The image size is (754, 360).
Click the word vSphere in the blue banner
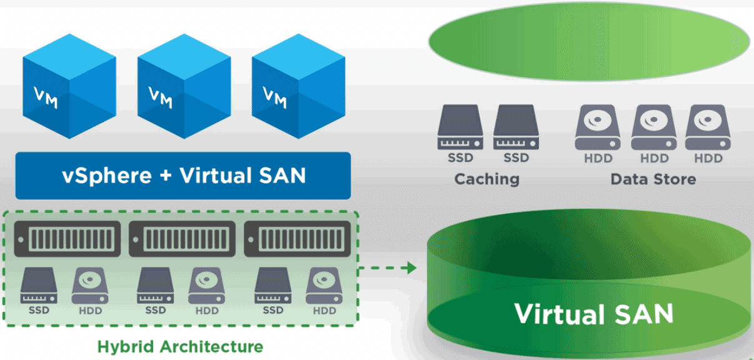click(x=106, y=176)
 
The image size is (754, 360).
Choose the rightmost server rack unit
click(x=299, y=238)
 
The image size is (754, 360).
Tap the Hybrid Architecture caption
click(x=180, y=346)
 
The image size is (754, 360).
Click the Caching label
click(x=486, y=179)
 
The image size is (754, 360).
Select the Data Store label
click(x=653, y=179)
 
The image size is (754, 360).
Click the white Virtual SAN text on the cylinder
click(x=593, y=313)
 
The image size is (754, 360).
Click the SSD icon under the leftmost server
click(x=39, y=286)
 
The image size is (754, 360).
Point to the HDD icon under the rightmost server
click(x=324, y=286)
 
